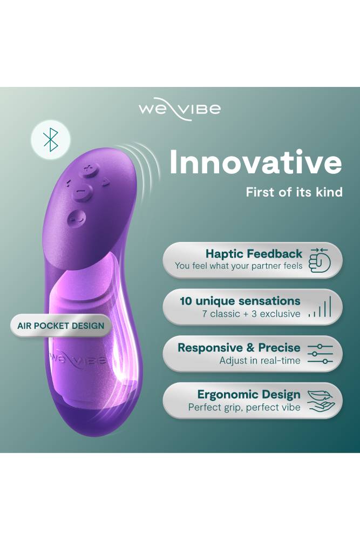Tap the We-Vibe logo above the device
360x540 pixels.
click(x=179, y=110)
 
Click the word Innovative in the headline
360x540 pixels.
click(x=255, y=162)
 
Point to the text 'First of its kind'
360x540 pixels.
click(x=294, y=192)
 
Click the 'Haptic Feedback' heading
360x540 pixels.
click(x=254, y=254)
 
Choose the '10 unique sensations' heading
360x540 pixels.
click(x=240, y=301)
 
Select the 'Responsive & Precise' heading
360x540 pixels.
click(x=239, y=348)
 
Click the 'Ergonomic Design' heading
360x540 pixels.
click(x=249, y=395)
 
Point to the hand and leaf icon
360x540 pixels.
click(x=321, y=400)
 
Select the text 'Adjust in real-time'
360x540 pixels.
click(x=260, y=361)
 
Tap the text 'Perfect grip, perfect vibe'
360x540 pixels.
click(x=244, y=408)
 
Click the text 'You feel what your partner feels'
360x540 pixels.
click(x=239, y=266)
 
